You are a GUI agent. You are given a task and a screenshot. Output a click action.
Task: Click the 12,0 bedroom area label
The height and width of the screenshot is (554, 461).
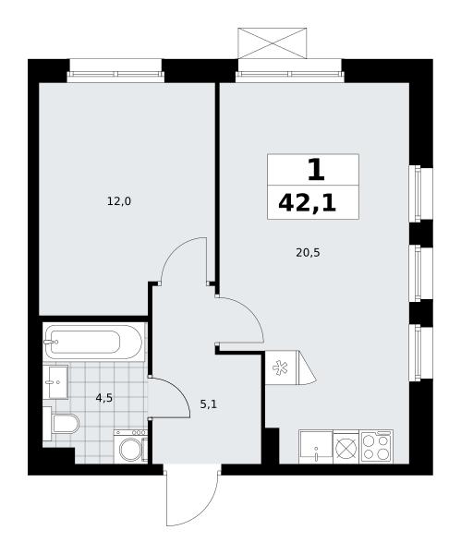[x=119, y=201]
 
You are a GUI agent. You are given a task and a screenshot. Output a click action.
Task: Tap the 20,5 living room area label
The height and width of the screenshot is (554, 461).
[x=308, y=253]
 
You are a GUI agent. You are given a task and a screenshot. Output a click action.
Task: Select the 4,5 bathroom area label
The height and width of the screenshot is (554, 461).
[x=104, y=398]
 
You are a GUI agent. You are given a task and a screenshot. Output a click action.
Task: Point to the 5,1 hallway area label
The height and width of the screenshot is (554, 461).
[x=209, y=404]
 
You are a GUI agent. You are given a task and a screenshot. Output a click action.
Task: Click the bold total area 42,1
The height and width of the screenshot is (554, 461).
[x=308, y=203]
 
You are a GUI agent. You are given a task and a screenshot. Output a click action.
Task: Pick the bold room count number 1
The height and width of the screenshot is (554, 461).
[x=316, y=170]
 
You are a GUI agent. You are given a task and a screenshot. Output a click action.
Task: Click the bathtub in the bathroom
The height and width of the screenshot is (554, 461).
[x=92, y=342]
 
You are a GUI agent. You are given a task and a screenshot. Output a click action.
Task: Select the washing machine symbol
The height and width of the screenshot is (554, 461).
[x=130, y=446]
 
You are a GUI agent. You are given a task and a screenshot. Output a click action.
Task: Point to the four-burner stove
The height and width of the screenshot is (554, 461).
[x=376, y=447]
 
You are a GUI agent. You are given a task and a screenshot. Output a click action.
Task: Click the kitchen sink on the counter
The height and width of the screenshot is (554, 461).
[x=316, y=447]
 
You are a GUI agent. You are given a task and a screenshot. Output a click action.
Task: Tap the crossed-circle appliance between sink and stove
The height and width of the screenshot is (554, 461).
[x=346, y=448]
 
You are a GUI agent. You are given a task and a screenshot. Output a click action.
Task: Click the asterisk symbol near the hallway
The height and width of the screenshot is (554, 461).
[x=280, y=367]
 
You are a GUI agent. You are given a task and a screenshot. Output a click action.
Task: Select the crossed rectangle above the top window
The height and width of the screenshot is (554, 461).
[x=272, y=43]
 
